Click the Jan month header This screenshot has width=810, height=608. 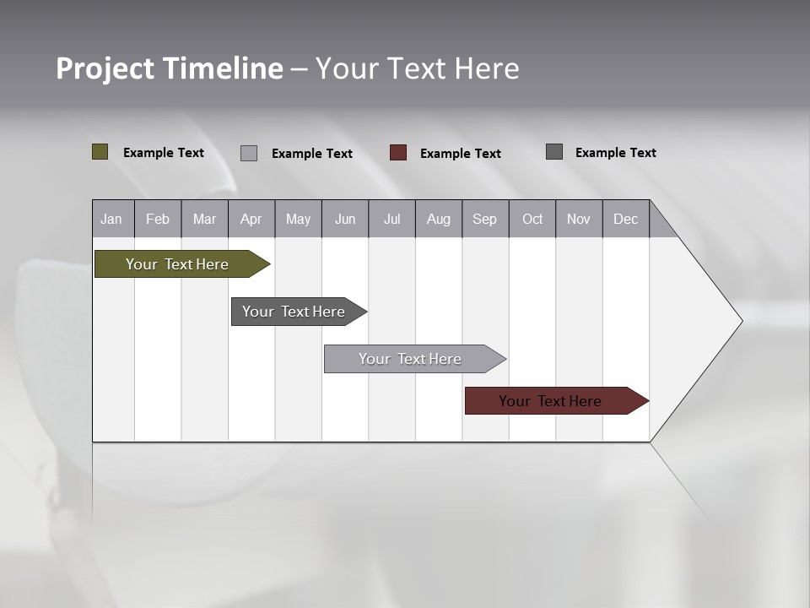coord(112,219)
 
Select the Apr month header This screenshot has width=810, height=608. coord(251,219)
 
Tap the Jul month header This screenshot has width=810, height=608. coord(392,219)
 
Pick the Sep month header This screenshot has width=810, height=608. coord(485,219)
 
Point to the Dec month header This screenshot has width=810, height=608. coord(626,219)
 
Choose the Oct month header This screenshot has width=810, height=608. coord(532,219)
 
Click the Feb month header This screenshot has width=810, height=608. coord(158,219)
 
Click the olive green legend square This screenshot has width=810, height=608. coord(100,152)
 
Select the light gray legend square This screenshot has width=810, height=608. coord(249,153)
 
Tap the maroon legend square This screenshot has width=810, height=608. coord(398,153)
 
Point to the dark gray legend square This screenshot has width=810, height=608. coord(554,152)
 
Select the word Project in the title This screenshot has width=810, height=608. coord(105,68)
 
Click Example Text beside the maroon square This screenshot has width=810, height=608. coord(461,154)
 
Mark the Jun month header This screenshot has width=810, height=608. coord(345,219)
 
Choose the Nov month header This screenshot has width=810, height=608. coord(579,219)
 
